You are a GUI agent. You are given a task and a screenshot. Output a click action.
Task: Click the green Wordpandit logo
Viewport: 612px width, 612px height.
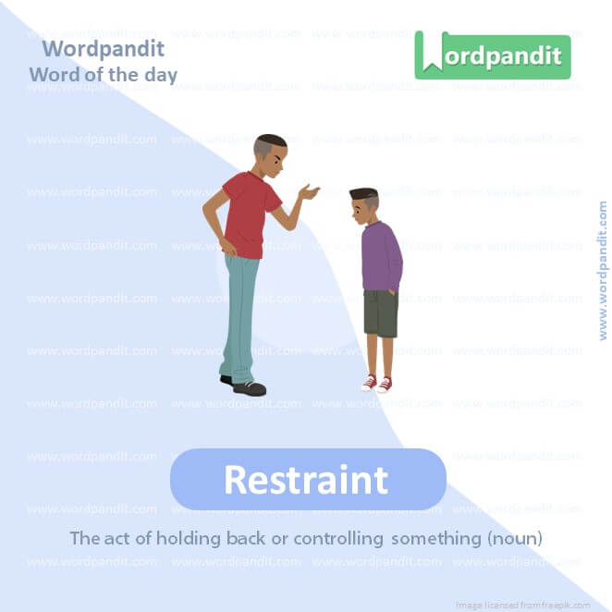click(x=492, y=55)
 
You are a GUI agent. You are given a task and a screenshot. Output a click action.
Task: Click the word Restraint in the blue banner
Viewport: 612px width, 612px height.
click(x=306, y=480)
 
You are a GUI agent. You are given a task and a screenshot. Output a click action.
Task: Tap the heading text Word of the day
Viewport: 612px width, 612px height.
click(x=103, y=74)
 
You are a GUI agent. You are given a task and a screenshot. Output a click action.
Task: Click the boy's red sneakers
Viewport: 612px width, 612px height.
click(x=376, y=383)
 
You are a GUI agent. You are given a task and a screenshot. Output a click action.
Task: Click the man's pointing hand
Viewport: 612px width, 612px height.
click(x=308, y=192)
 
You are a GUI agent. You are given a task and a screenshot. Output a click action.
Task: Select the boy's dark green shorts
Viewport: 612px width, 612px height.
click(x=380, y=312)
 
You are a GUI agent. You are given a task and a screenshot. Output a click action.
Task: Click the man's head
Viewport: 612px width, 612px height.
click(x=269, y=155)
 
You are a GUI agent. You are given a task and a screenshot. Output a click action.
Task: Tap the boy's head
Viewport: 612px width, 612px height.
click(x=363, y=205)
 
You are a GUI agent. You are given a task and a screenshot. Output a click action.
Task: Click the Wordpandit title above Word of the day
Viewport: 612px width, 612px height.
click(x=104, y=48)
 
